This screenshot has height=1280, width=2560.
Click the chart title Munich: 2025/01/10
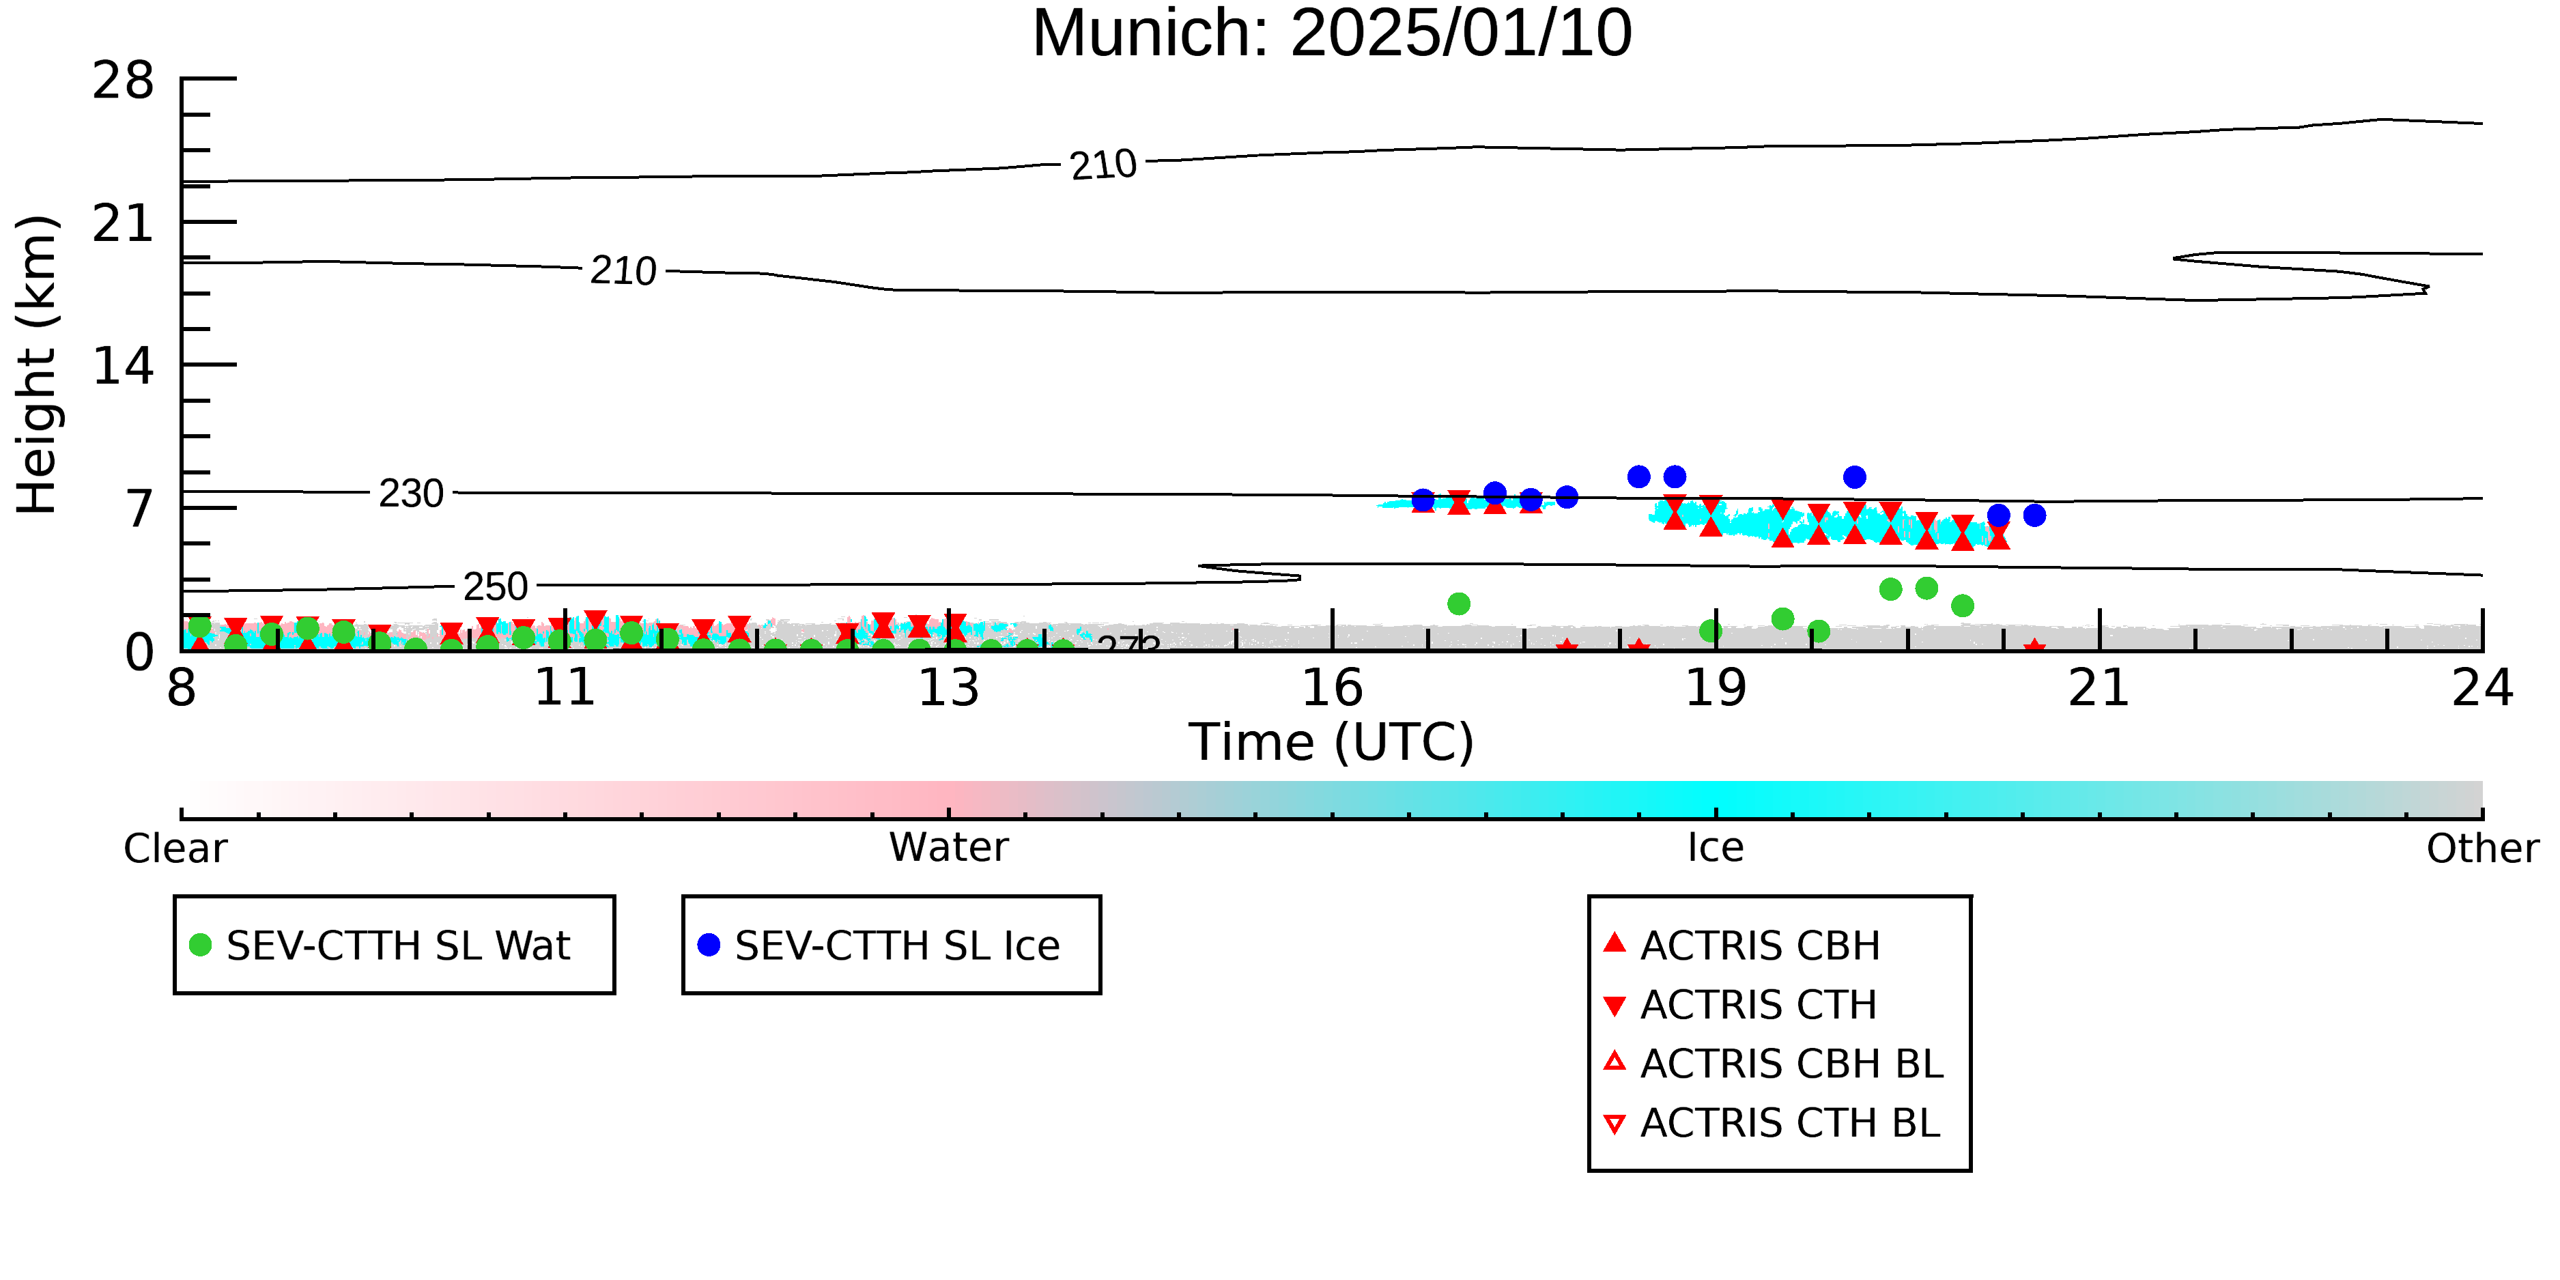tap(1332, 33)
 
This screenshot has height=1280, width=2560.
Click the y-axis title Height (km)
tap(38, 365)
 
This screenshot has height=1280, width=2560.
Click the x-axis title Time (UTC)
tap(1332, 742)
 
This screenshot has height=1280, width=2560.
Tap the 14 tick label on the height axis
tap(124, 366)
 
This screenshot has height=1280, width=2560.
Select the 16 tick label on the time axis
tap(1332, 687)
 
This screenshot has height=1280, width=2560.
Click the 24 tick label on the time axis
tap(2482, 687)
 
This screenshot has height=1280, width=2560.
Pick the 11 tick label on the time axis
tap(565, 687)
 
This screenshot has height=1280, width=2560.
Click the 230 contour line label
tap(412, 493)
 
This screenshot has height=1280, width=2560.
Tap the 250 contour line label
tap(496, 586)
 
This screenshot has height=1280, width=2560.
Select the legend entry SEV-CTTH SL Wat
tap(381, 945)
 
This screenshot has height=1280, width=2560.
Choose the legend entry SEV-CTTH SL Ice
tap(879, 945)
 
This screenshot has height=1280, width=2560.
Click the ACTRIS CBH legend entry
tap(1742, 945)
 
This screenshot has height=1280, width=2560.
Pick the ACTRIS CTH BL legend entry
tap(1772, 1123)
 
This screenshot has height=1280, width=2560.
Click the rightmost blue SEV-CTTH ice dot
tap(2034, 515)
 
